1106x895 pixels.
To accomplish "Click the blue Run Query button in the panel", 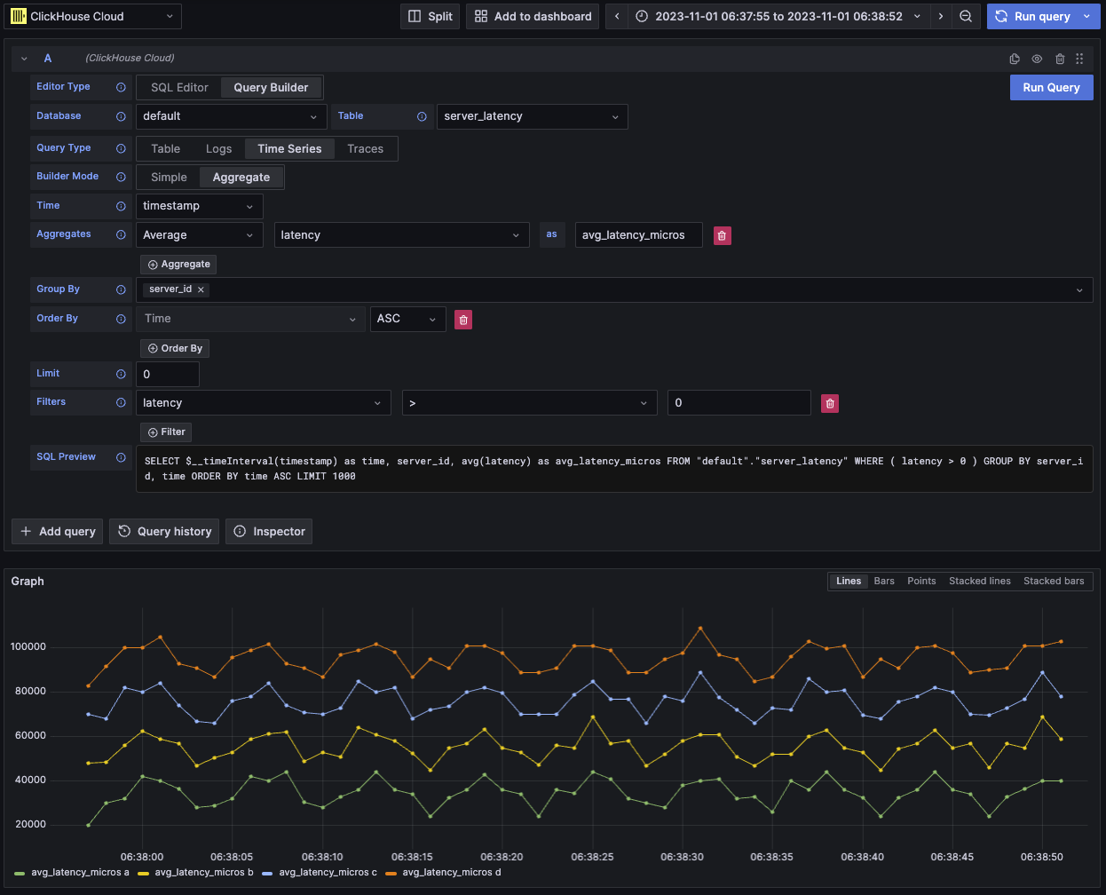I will (x=1051, y=87).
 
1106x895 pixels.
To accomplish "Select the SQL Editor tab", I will (x=179, y=87).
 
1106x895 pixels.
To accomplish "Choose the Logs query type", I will (x=218, y=148).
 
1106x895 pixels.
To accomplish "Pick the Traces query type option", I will (x=365, y=148).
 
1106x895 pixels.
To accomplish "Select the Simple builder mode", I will (x=169, y=177).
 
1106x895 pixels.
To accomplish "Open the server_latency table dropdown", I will (x=532, y=116).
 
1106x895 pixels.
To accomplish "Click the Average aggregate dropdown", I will (x=199, y=235).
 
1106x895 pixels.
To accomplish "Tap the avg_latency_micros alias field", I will (x=638, y=235).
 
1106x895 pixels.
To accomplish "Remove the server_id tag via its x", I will (x=201, y=289).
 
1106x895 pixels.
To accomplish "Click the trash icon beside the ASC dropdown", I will (x=463, y=320).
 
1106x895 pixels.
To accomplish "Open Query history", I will (x=165, y=531).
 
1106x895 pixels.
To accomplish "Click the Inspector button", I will (x=269, y=531).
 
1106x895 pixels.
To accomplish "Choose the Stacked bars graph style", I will (x=1053, y=581).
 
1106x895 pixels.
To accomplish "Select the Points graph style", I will (x=921, y=581).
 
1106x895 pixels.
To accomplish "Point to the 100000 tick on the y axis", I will (x=28, y=646).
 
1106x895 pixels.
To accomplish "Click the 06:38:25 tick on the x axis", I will (x=592, y=857).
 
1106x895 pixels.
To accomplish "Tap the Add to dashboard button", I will (x=533, y=16).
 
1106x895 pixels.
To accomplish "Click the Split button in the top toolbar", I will (x=431, y=16).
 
